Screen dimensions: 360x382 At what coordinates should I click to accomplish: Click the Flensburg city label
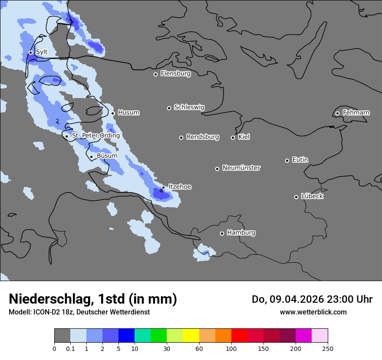pyautogui.click(x=175, y=74)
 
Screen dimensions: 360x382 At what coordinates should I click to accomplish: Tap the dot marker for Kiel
pyautogui.click(x=233, y=137)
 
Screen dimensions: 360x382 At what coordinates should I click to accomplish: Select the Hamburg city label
pyautogui.click(x=241, y=233)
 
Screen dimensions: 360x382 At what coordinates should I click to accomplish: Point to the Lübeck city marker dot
pyautogui.click(x=296, y=197)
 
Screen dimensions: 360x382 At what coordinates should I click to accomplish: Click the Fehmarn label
pyautogui.click(x=356, y=113)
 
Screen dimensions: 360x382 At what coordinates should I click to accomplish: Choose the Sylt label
pyautogui.click(x=41, y=52)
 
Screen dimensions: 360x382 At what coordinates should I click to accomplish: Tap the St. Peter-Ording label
pyautogui.click(x=95, y=136)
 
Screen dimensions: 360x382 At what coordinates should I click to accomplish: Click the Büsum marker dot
pyautogui.click(x=91, y=157)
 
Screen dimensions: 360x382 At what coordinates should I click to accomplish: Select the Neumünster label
pyautogui.click(x=241, y=168)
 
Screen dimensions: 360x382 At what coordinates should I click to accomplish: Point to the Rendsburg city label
pyautogui.click(x=203, y=137)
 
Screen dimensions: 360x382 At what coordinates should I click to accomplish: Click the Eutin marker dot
pyautogui.click(x=287, y=160)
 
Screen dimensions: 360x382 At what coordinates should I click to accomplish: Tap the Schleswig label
pyautogui.click(x=189, y=107)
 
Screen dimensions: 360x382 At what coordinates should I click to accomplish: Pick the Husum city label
pyautogui.click(x=128, y=113)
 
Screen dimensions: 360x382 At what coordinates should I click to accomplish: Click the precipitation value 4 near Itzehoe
pyautogui.click(x=161, y=191)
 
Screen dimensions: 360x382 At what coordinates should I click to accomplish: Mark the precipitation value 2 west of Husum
pyautogui.click(x=57, y=121)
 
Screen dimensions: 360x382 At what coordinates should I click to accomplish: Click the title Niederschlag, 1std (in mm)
pyautogui.click(x=93, y=299)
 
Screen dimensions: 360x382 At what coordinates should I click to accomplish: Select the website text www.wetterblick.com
pyautogui.click(x=313, y=312)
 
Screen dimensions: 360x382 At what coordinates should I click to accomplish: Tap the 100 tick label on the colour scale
pyautogui.click(x=231, y=348)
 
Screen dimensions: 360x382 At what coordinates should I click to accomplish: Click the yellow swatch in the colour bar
pyautogui.click(x=191, y=336)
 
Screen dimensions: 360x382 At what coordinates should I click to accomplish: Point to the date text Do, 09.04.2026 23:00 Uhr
pyautogui.click(x=312, y=299)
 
